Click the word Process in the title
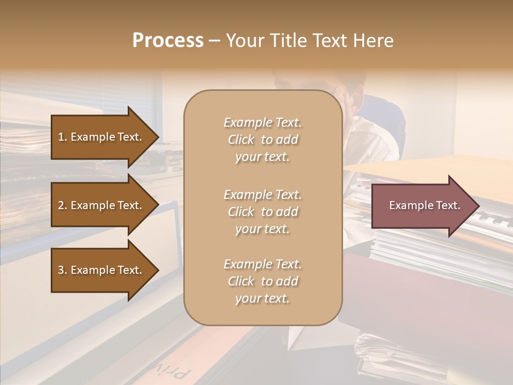click(168, 41)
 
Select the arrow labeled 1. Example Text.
click(102, 137)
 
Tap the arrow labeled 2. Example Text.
click(102, 205)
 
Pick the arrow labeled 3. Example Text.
click(102, 270)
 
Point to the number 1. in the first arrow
click(62, 137)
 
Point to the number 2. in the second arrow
click(62, 205)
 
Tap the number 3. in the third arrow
click(62, 270)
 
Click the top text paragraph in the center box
click(263, 140)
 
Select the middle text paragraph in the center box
click(263, 212)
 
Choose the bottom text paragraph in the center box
click(263, 281)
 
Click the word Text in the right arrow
click(448, 205)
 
